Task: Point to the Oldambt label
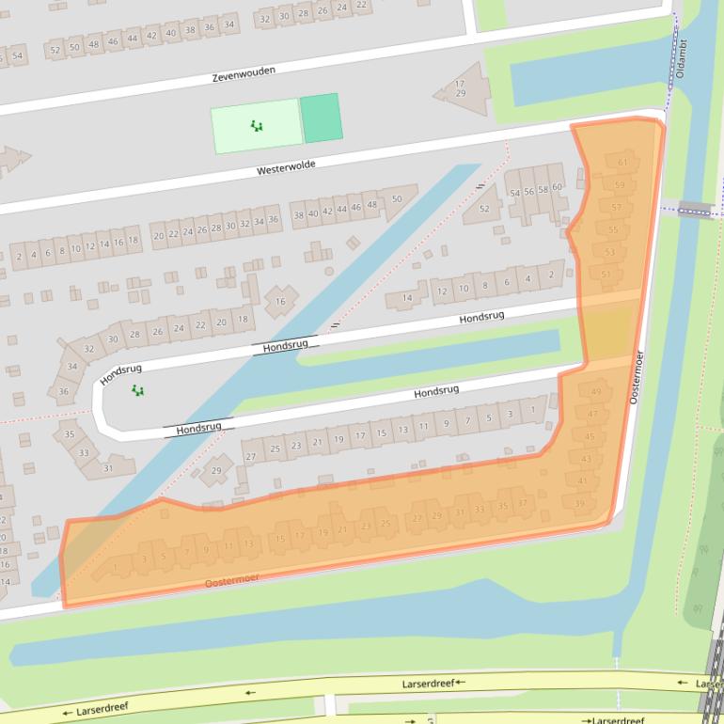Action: (683, 56)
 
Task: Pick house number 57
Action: (617, 208)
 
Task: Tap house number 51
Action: (606, 275)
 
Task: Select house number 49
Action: (596, 391)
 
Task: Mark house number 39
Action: (580, 504)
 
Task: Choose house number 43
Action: (586, 459)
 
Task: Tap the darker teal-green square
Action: (321, 118)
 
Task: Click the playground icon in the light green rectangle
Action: (256, 126)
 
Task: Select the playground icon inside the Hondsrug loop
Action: (138, 390)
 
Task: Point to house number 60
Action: (557, 187)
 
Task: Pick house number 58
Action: (543, 190)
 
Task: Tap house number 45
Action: (590, 437)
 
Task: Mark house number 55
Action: (613, 229)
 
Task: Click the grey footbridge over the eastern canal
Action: (696, 209)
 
